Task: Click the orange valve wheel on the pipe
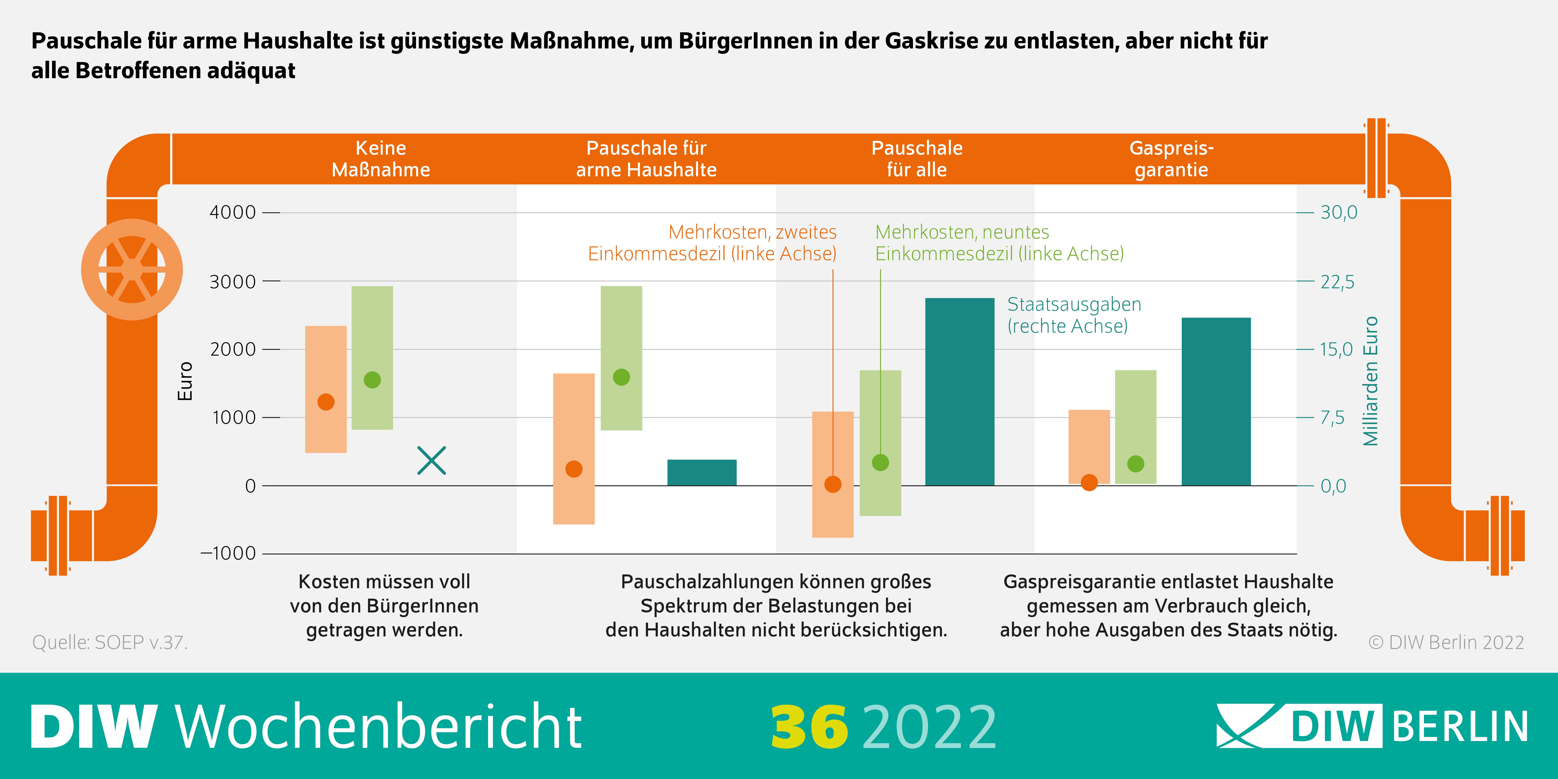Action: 132,269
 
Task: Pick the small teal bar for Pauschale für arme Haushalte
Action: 702,472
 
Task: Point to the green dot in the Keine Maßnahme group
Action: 372,380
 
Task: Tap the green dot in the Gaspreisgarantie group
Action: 1136,464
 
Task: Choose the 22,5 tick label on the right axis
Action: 1337,282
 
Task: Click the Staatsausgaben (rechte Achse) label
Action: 1074,315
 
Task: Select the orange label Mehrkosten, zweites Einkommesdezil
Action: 712,243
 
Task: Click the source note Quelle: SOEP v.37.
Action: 110,642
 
